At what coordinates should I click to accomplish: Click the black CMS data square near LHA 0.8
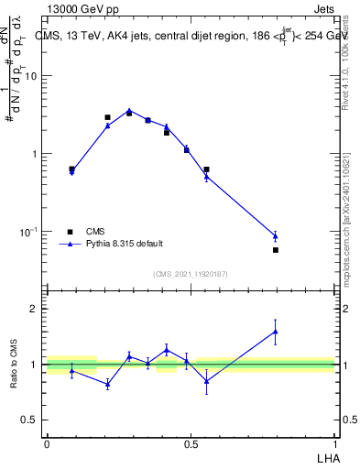click(276, 250)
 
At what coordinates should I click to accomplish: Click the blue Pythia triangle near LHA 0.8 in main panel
click(276, 236)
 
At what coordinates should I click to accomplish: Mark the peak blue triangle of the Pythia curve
click(129, 111)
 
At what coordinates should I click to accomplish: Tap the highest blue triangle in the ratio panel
click(276, 332)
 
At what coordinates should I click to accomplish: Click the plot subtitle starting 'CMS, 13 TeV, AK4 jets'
click(192, 36)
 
